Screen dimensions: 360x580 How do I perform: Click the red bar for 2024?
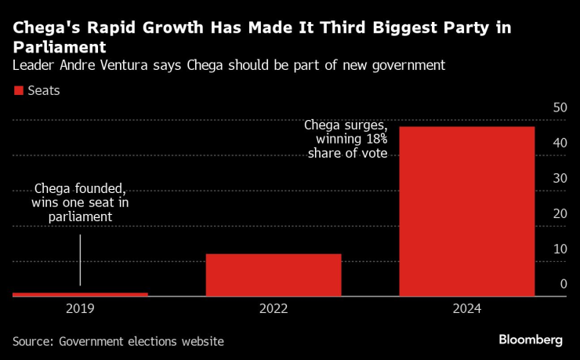[467, 211]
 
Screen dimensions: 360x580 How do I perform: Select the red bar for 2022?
[274, 275]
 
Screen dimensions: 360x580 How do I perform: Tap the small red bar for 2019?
[80, 294]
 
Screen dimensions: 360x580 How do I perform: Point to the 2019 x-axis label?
[80, 309]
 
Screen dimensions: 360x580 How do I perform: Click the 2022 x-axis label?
[274, 309]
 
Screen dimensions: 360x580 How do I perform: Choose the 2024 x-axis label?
[467, 309]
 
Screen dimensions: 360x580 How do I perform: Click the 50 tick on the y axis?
[560, 107]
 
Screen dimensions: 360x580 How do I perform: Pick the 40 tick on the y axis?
[560, 143]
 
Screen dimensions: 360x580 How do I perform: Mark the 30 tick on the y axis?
[560, 178]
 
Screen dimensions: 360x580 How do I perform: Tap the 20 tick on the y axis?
[560, 213]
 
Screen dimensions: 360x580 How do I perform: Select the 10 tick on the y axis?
[560, 249]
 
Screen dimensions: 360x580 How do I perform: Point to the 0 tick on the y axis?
[563, 284]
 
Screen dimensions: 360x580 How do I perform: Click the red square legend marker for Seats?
[18, 91]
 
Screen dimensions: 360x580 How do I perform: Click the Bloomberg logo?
[531, 340]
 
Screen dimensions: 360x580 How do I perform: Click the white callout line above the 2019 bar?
[80, 259]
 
